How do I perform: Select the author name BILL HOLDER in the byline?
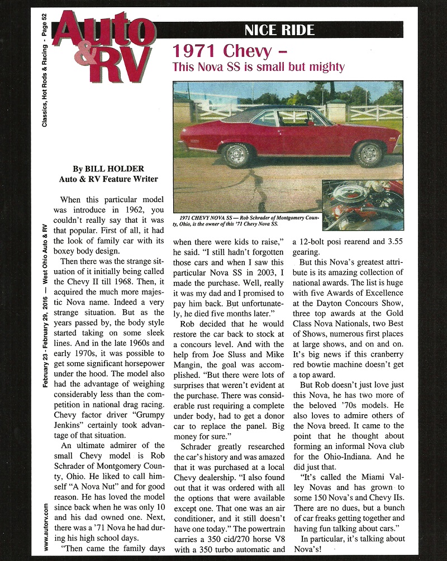pyautogui.click(x=111, y=167)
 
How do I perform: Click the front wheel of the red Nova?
pyautogui.click(x=369, y=154)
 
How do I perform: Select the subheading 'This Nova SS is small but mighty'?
pyautogui.click(x=258, y=68)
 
